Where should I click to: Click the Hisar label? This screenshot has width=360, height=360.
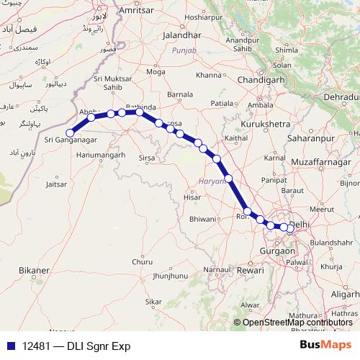coord(192,196)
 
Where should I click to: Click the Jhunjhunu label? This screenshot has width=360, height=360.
coord(170,276)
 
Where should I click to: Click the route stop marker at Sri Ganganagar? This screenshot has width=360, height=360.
coord(70,132)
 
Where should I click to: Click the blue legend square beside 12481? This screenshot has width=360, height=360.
coord(9,346)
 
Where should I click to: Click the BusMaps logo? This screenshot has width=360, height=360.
coord(326,346)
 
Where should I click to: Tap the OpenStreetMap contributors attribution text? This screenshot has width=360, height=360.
coord(297,323)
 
